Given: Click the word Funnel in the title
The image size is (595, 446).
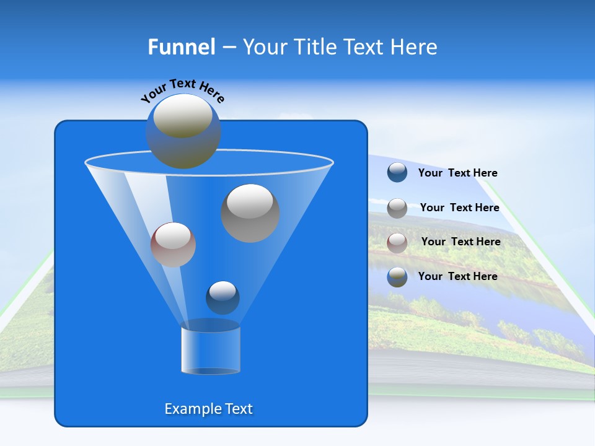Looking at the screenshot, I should [181, 47].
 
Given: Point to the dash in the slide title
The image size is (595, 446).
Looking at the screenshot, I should [228, 48].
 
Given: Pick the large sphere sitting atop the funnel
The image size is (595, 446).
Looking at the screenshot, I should [183, 131].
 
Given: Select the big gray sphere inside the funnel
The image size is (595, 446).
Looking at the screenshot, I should [250, 212].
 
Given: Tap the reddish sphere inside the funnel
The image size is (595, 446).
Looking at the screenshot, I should [173, 245].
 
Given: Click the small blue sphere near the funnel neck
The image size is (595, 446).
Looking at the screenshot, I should [223, 297].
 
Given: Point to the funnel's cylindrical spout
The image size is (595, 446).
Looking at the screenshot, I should [210, 350].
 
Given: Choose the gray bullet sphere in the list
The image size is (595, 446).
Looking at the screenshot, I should [397, 208].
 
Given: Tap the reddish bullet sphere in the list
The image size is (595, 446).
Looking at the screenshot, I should [397, 243].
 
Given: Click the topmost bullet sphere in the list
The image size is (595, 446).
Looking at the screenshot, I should [397, 173].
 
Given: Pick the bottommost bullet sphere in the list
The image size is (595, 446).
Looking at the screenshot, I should [397, 277].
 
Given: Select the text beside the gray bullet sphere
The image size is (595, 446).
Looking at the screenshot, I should [459, 208].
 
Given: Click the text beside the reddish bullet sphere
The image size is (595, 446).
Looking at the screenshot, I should [461, 242].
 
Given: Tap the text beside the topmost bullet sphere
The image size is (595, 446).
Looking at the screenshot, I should [457, 173].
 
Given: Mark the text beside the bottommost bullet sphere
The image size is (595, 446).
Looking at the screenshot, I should [457, 276].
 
